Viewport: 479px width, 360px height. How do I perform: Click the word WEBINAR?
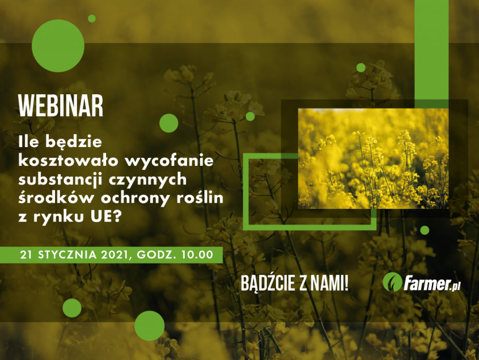(61, 106)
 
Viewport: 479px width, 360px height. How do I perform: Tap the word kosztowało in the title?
(68, 160)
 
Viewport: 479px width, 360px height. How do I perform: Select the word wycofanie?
(169, 161)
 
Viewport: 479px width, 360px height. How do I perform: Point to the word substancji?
(60, 179)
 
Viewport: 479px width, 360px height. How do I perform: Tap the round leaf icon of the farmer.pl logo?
(392, 282)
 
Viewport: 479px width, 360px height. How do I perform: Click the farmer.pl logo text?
(432, 284)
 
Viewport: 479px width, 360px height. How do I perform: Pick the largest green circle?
(58, 46)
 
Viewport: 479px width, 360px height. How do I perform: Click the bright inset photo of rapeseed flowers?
(373, 158)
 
